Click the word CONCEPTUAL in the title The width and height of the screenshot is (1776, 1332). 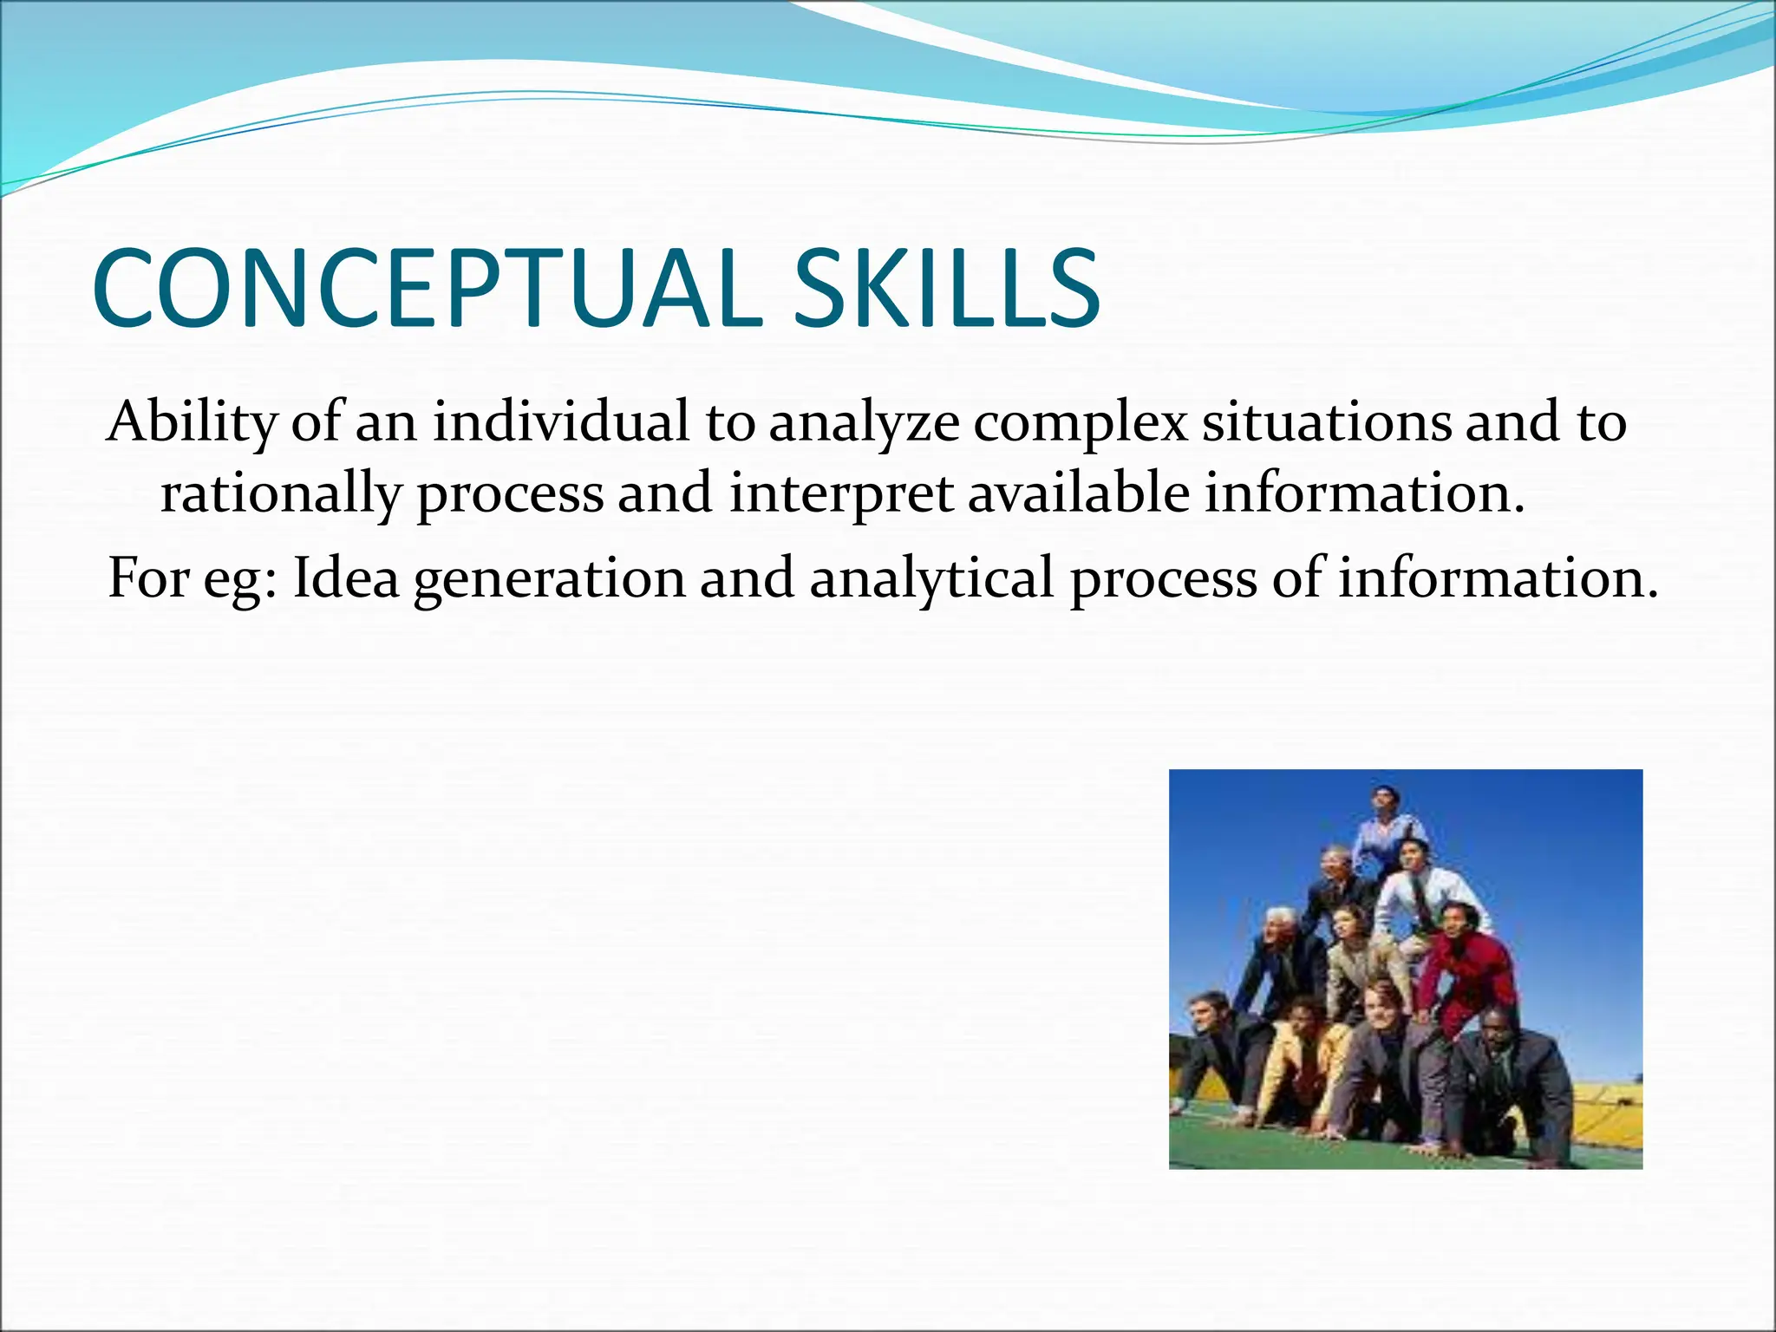(x=425, y=289)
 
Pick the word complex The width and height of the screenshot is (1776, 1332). (x=1079, y=422)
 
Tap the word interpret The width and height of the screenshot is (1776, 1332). (x=841, y=494)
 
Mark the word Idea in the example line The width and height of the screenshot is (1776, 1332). (x=346, y=578)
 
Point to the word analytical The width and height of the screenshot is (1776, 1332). (x=932, y=578)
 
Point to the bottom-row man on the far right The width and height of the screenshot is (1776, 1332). (x=1513, y=1075)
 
